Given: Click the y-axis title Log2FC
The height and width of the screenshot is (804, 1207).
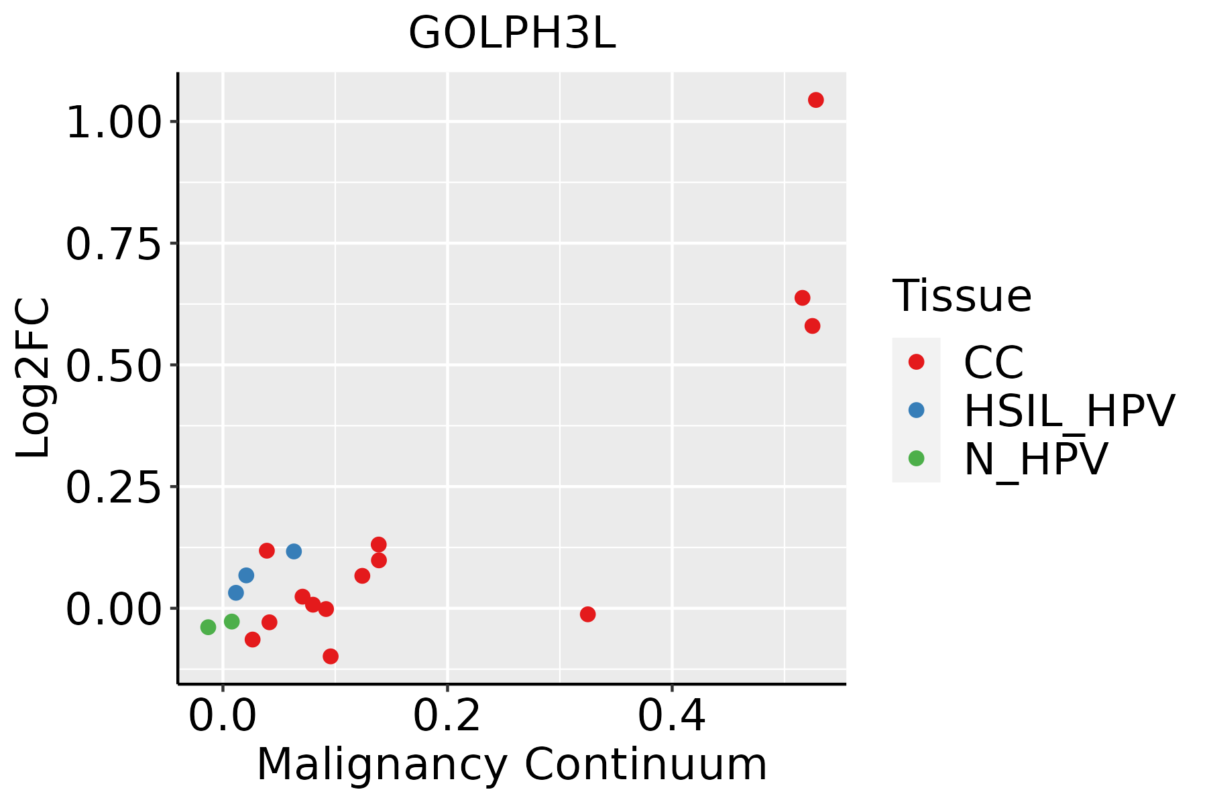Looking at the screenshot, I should coord(34,378).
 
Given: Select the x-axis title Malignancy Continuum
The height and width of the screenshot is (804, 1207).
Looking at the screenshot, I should coord(512,764).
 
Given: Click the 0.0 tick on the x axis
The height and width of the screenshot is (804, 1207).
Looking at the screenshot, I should coord(223,716).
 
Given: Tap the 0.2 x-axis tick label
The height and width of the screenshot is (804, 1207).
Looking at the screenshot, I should coord(447,716).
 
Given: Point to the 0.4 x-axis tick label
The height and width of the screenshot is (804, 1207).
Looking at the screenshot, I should coord(671,716).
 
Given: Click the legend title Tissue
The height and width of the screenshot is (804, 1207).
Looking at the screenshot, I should coord(962,295).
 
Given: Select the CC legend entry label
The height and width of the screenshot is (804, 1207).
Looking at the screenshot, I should coord(994,362).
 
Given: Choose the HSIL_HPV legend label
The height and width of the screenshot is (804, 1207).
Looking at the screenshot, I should coord(1069,411).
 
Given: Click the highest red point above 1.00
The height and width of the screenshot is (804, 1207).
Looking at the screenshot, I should coord(815,100).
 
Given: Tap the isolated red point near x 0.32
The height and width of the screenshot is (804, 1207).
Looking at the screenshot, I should coord(587,614).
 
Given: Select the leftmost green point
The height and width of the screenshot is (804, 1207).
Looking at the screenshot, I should coord(208,627).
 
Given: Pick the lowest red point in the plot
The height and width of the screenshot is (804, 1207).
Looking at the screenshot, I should coord(330,656).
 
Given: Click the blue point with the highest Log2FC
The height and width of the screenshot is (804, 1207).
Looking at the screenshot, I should coord(294,551).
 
